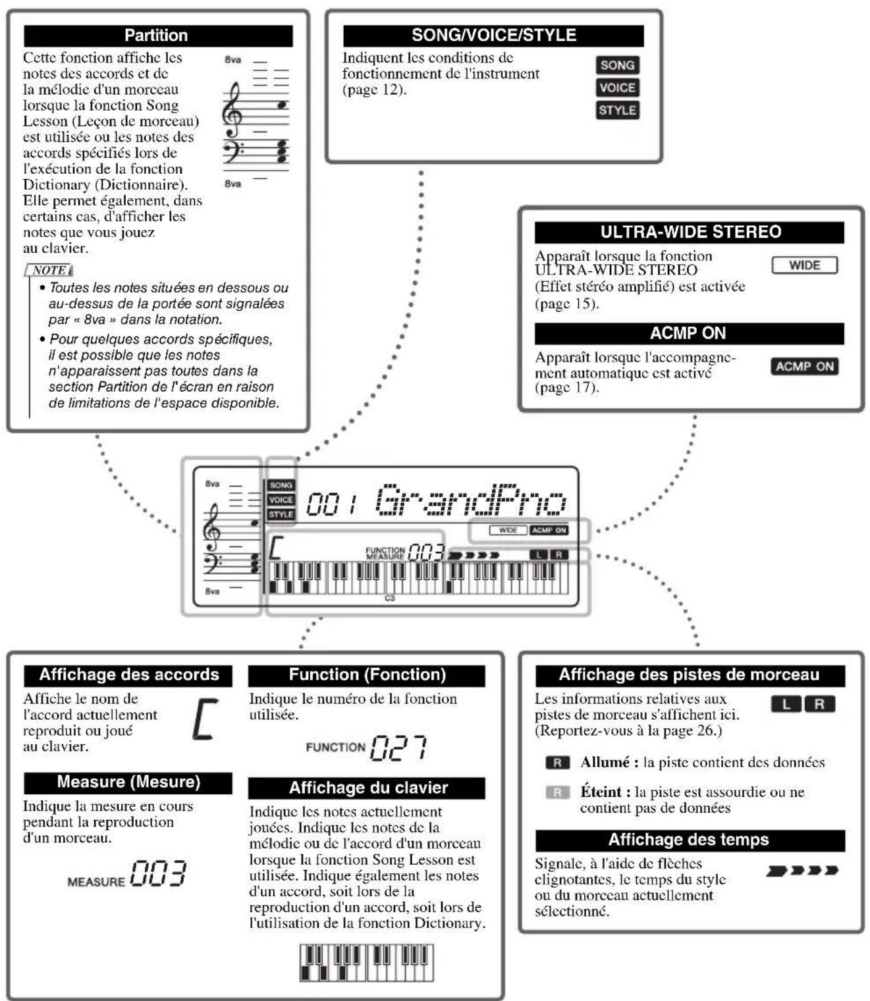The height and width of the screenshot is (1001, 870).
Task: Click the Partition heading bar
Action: click(x=158, y=36)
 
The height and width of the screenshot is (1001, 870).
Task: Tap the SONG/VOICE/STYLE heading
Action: click(x=493, y=36)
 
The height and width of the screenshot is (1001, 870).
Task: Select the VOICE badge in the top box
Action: click(x=617, y=88)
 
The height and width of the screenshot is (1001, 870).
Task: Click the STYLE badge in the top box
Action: click(x=617, y=110)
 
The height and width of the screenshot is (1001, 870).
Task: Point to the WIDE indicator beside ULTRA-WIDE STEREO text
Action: click(x=804, y=265)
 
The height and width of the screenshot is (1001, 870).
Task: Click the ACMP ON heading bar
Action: click(x=689, y=333)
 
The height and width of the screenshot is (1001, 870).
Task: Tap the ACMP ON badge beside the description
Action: click(x=804, y=366)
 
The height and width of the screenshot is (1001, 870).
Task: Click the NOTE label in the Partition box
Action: click(x=49, y=270)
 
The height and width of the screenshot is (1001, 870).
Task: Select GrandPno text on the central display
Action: click(x=471, y=500)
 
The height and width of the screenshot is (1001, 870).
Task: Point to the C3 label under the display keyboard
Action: click(x=389, y=597)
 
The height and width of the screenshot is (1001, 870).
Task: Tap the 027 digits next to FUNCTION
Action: click(x=398, y=747)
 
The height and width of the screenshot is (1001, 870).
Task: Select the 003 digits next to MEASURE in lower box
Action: click(x=158, y=873)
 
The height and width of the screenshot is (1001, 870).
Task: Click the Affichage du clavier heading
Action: click(x=367, y=788)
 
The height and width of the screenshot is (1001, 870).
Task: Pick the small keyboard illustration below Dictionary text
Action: click(x=366, y=962)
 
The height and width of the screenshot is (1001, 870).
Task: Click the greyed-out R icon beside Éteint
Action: click(x=557, y=792)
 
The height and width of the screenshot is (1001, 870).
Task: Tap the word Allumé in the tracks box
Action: click(x=605, y=762)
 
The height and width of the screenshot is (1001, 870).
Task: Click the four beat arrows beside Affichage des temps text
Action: click(x=802, y=871)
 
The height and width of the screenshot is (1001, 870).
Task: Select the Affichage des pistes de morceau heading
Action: click(x=689, y=675)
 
